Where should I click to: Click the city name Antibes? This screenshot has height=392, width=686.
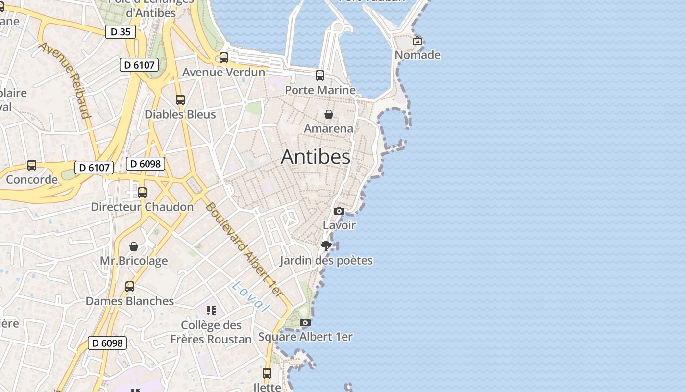click(316, 157)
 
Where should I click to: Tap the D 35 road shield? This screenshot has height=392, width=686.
click(120, 32)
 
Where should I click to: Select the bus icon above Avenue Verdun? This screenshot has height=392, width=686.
click(224, 58)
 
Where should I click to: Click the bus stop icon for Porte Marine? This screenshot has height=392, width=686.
click(320, 75)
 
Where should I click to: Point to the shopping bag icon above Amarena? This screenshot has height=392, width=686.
click(329, 114)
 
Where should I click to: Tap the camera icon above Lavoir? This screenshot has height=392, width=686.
click(339, 211)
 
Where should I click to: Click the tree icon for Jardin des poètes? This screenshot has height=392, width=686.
click(326, 246)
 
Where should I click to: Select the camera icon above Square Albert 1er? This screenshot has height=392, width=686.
click(305, 322)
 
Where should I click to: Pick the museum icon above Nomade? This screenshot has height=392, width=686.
click(417, 41)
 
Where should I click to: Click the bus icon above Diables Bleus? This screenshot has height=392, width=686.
click(180, 100)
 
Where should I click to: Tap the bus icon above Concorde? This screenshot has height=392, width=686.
click(32, 165)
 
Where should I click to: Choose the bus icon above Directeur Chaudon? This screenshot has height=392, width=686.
click(142, 193)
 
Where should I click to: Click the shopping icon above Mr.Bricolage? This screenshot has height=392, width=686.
click(134, 246)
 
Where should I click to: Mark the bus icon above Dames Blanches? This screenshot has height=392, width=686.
click(130, 287)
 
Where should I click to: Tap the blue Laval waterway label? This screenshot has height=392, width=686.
click(251, 296)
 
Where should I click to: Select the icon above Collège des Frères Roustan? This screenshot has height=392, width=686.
click(211, 311)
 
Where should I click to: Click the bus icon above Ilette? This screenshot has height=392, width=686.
click(267, 373)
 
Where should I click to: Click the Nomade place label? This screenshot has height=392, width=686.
click(417, 55)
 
